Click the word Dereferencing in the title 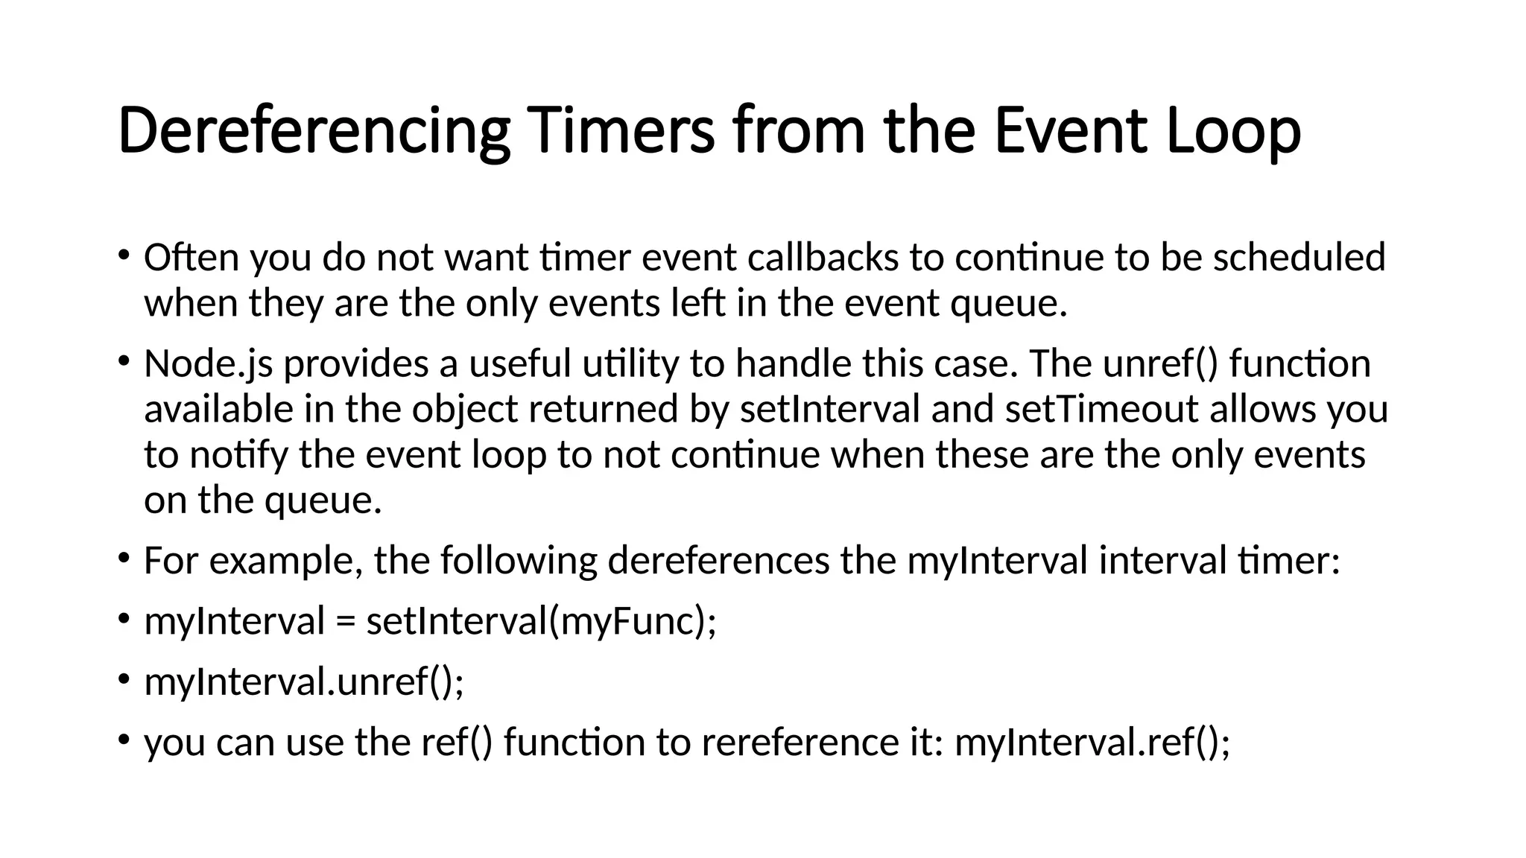click(x=314, y=131)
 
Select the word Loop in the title click(x=1233, y=131)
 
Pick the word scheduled click(x=1299, y=258)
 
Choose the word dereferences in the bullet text click(x=718, y=561)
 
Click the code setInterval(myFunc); click(x=541, y=621)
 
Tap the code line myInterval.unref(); click(x=304, y=681)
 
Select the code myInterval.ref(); click(x=1092, y=742)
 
